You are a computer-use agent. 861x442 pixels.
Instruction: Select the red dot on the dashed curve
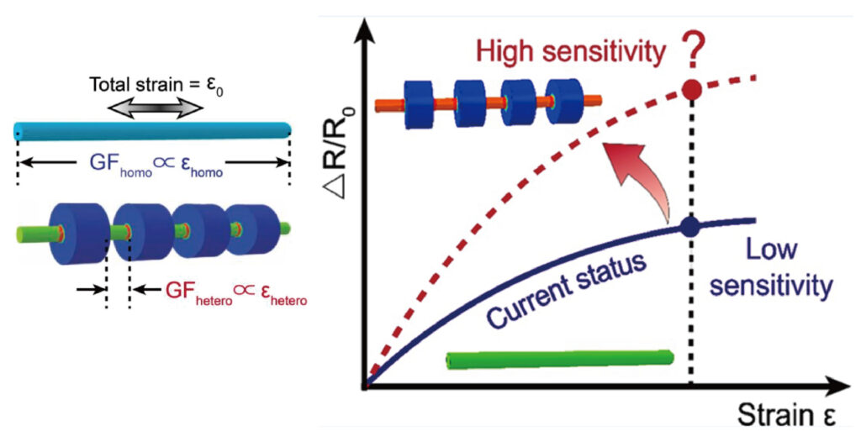point(691,89)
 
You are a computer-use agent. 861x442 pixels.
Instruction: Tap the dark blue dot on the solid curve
point(691,226)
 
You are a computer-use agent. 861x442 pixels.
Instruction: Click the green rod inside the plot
point(560,359)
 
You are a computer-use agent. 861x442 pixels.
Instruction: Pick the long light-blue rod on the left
point(152,130)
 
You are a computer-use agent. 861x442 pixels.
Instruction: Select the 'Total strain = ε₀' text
point(152,85)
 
